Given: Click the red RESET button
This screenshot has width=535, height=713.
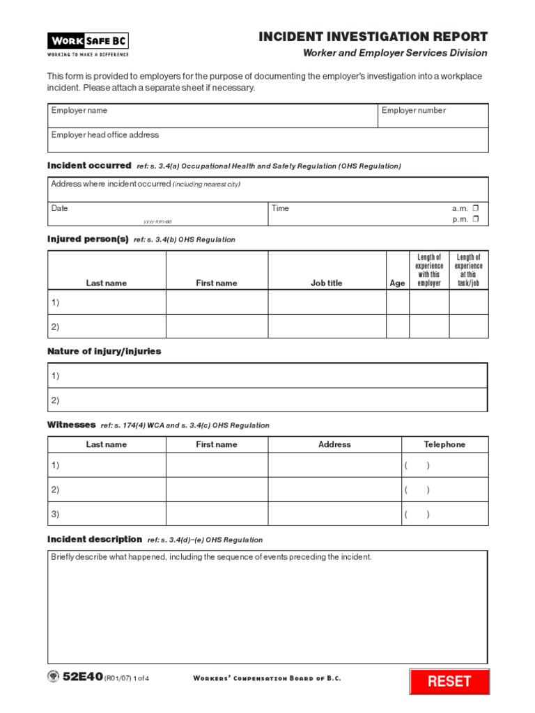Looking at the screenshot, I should [x=449, y=682].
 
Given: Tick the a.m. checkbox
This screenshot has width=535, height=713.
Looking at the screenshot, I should [x=476, y=208].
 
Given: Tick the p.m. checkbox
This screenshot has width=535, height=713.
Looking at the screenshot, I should [x=476, y=219].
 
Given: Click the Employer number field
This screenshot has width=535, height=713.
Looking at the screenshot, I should [x=433, y=116].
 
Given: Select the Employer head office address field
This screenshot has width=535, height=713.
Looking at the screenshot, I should [x=267, y=140].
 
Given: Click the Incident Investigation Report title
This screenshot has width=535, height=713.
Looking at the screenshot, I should [x=373, y=37].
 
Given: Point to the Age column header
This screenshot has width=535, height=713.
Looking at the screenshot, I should [x=397, y=283].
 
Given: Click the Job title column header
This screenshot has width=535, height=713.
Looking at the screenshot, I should [x=326, y=283].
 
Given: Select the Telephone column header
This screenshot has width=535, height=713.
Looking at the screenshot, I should [x=444, y=444].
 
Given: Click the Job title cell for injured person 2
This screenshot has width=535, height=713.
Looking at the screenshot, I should [x=326, y=327].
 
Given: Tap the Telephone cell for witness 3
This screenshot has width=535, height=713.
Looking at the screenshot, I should [x=444, y=515].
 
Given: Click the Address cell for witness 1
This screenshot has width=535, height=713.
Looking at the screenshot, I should [x=334, y=465].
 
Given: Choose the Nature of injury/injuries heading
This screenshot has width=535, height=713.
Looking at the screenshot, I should [x=104, y=352].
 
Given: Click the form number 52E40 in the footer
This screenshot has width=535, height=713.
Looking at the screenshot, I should [x=82, y=677].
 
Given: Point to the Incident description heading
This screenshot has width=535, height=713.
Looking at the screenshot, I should [x=94, y=540].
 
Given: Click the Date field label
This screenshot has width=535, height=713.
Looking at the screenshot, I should [x=60, y=208].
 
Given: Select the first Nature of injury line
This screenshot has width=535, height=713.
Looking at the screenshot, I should [x=267, y=376].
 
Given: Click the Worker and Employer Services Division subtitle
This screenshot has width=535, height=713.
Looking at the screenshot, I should [x=395, y=54].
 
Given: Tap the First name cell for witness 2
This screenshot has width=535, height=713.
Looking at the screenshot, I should [x=217, y=489].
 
